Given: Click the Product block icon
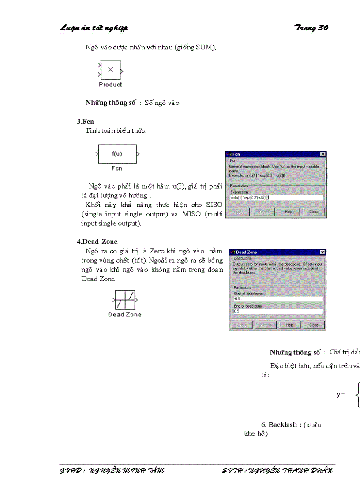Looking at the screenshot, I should (x=110, y=70).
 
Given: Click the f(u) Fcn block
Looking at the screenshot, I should (x=117, y=154).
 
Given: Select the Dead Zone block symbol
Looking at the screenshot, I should (x=125, y=300).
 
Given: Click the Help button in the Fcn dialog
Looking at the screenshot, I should (x=289, y=212).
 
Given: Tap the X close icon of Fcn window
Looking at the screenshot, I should (x=322, y=154).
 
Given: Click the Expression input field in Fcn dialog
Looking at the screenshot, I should (x=276, y=197).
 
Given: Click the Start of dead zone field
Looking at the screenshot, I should (x=278, y=298).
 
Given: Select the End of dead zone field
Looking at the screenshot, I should (x=278, y=311).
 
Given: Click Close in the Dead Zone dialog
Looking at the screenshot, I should (x=313, y=325).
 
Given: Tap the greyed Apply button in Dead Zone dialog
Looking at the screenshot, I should (x=242, y=325).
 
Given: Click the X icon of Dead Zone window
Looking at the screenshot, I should (x=322, y=252).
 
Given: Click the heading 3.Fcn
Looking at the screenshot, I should (x=85, y=121).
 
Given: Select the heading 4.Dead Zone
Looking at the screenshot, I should (x=97, y=242).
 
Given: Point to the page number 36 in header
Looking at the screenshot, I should (x=323, y=28).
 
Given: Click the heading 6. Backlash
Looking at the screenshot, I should (x=281, y=424).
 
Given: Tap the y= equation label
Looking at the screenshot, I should (x=340, y=395).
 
